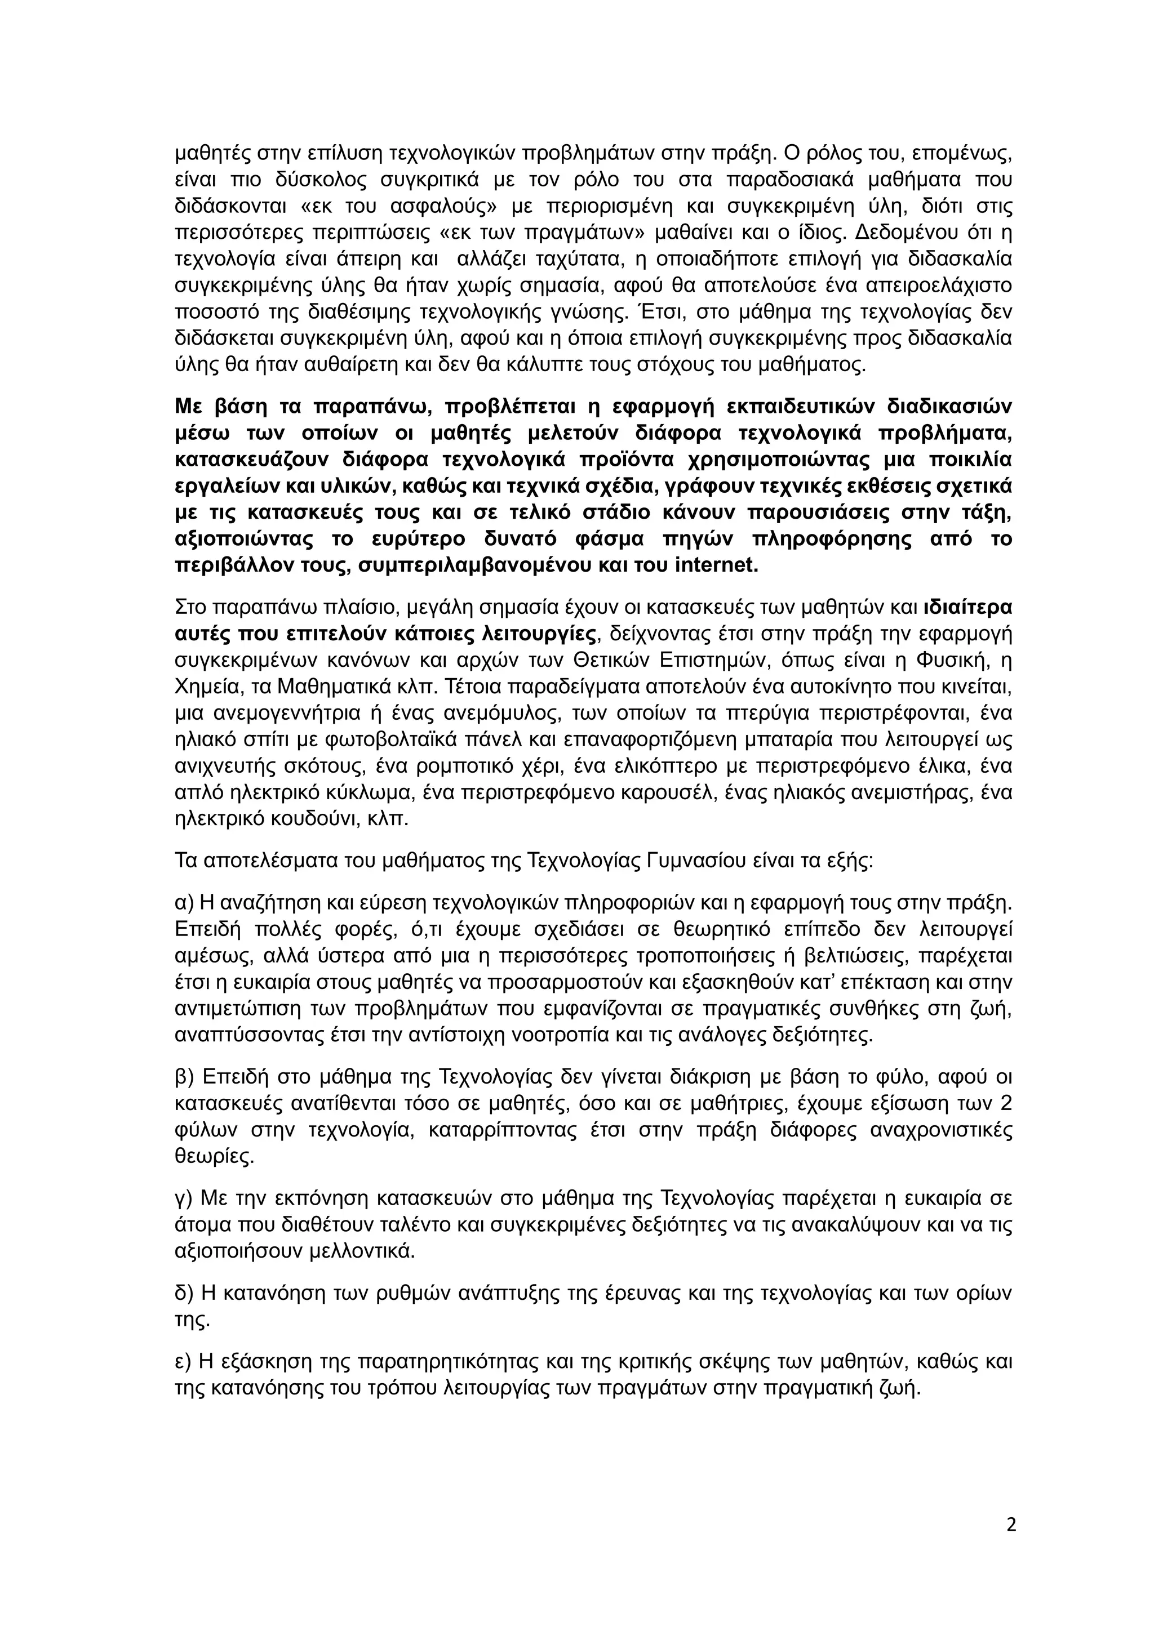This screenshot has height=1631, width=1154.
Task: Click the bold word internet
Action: pos(713,565)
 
